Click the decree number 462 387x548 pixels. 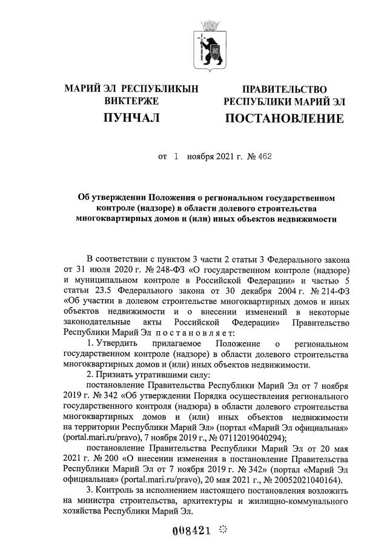click(x=264, y=157)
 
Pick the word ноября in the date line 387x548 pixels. click(x=205, y=157)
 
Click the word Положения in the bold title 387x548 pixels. click(x=168, y=198)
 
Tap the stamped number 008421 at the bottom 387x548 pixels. click(x=193, y=531)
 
